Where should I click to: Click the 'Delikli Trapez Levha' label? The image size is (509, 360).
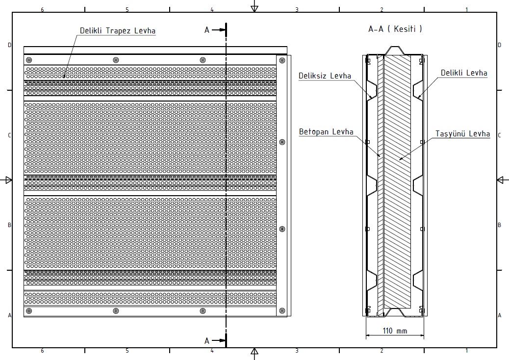[118, 30]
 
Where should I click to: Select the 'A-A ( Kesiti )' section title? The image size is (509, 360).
[395, 28]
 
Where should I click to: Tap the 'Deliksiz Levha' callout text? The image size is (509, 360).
[325, 76]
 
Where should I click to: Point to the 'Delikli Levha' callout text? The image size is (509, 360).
[464, 73]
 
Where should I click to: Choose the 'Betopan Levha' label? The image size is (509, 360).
[326, 131]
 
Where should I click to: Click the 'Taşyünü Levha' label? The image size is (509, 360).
[462, 134]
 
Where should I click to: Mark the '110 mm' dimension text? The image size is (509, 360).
[395, 331]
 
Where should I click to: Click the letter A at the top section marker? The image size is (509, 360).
[207, 30]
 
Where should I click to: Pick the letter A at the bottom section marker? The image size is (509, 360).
[207, 341]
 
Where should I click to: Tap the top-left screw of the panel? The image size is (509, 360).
[29, 60]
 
